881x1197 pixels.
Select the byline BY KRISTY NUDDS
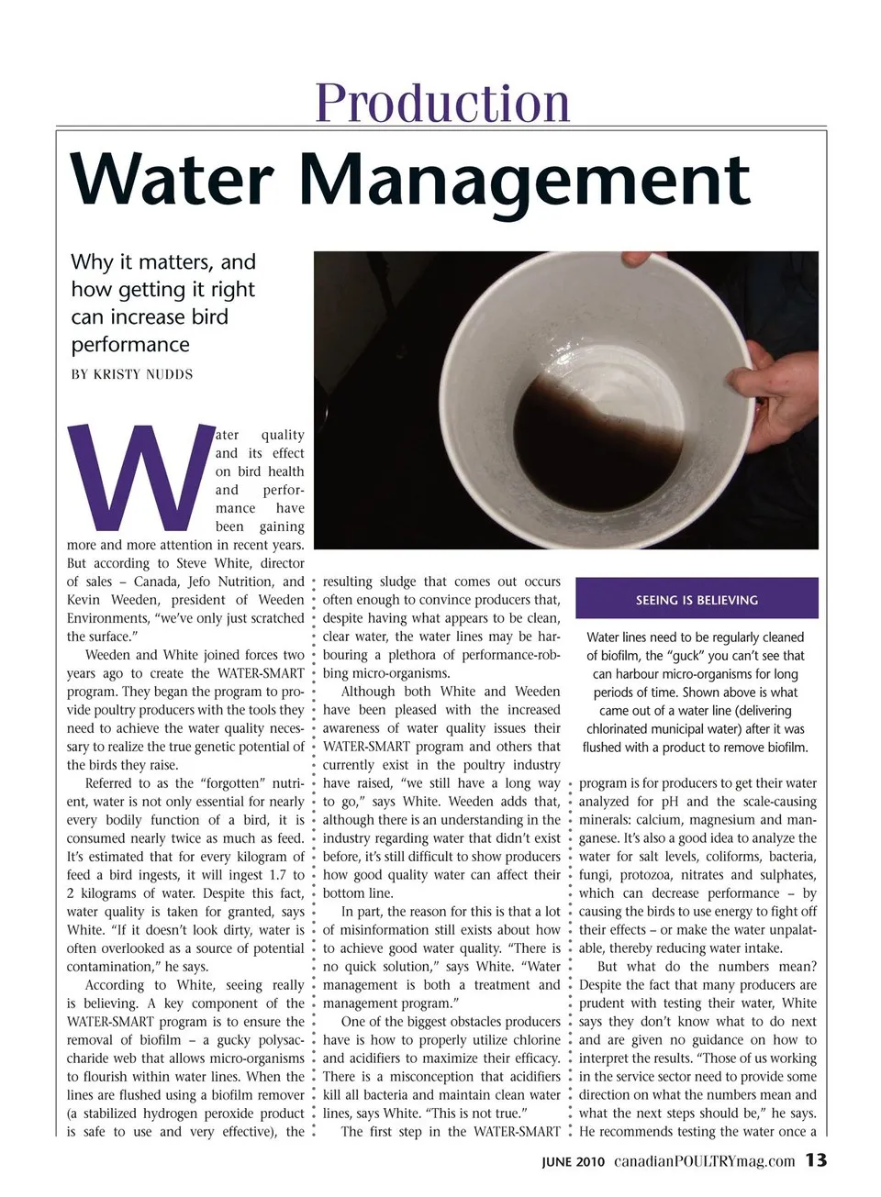click(132, 374)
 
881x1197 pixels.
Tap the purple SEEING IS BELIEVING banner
click(697, 600)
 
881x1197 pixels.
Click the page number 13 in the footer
click(816, 1160)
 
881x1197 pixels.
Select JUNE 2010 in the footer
click(573, 1161)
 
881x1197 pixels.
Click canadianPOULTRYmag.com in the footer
click(704, 1161)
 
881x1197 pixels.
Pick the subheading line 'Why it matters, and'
click(163, 262)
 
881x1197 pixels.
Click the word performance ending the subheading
click(130, 345)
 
